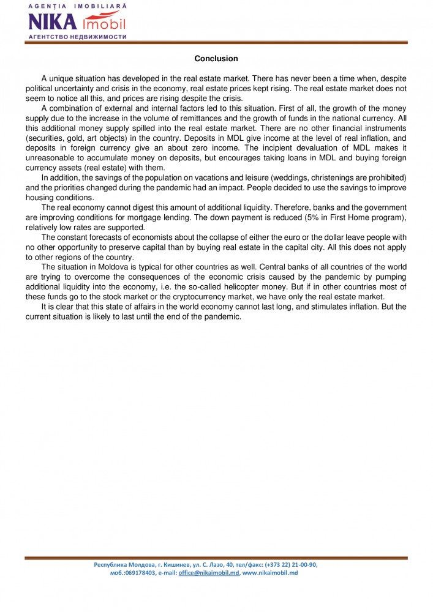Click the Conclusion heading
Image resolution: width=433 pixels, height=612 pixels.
216,59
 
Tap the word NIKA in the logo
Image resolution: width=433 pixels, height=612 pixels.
51,23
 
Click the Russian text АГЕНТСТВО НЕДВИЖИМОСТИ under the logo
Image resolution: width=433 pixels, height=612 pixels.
77,37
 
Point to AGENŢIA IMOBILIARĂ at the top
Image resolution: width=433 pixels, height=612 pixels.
77,6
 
